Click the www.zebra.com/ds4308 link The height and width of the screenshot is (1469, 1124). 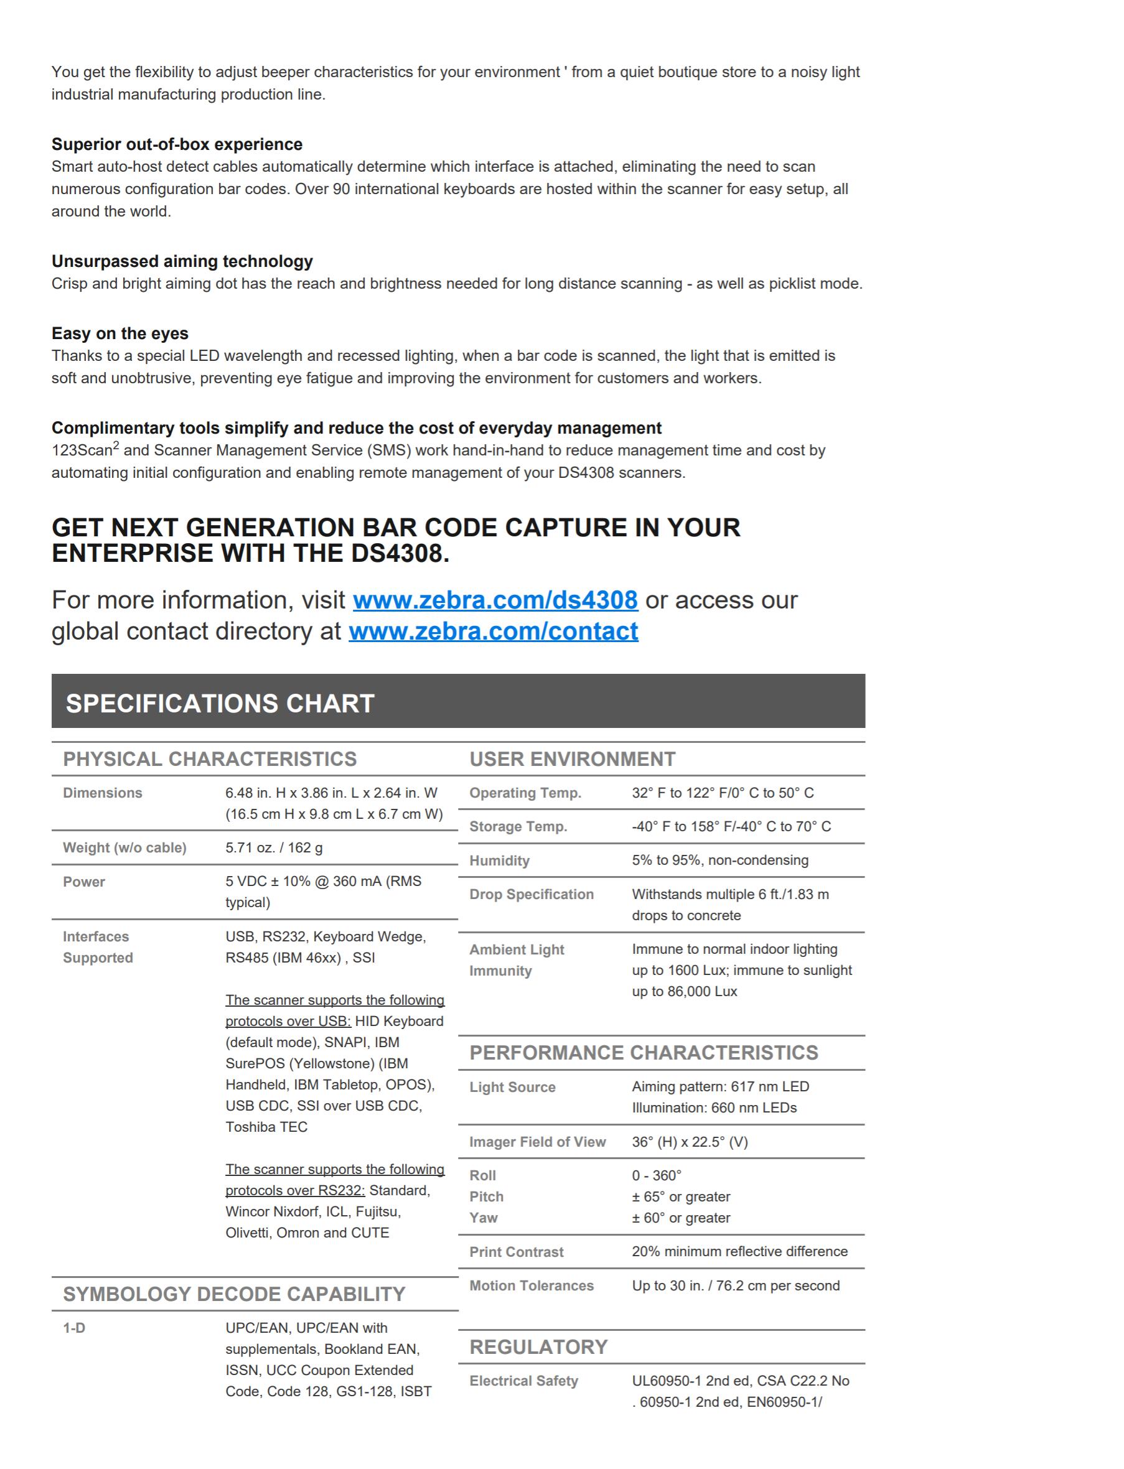tap(495, 600)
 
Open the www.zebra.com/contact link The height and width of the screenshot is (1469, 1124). tap(493, 632)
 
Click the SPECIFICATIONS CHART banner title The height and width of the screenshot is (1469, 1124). tap(220, 703)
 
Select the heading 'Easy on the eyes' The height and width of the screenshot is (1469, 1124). tap(119, 333)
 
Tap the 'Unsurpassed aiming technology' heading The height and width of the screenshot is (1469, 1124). tap(182, 261)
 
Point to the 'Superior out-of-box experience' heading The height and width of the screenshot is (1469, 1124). tap(177, 144)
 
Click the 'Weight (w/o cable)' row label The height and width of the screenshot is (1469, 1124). tap(124, 847)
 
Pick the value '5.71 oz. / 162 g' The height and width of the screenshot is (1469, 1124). tap(274, 847)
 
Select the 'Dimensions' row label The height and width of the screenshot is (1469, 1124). tap(102, 793)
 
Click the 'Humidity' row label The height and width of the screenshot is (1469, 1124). tap(499, 861)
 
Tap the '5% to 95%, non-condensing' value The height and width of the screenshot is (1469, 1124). tap(720, 860)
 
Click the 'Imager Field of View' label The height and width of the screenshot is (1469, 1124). tap(537, 1142)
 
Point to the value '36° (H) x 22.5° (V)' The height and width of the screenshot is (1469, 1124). tap(690, 1142)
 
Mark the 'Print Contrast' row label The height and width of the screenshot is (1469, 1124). tap(516, 1252)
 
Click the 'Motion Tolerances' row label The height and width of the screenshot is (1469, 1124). tap(532, 1285)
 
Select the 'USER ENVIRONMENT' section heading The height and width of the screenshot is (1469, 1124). tap(572, 759)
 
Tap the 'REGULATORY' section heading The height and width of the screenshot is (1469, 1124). tap(538, 1346)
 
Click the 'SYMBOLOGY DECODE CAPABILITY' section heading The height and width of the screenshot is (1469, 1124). tap(233, 1294)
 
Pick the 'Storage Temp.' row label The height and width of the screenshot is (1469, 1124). tap(518, 827)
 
